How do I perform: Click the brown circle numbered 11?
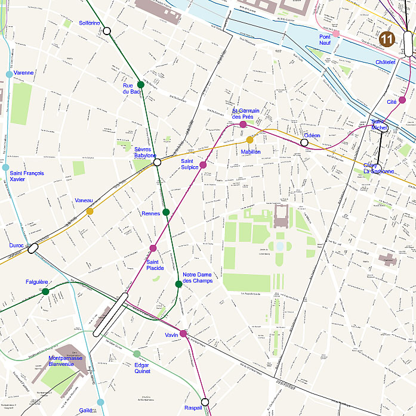click(x=387, y=39)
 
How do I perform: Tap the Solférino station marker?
click(x=107, y=30)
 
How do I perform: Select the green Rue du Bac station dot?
click(x=141, y=84)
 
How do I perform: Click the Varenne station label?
click(x=24, y=73)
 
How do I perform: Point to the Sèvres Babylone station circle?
click(x=158, y=162)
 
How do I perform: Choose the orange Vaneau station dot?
click(x=90, y=211)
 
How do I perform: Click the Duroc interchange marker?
click(x=33, y=248)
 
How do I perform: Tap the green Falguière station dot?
click(x=45, y=291)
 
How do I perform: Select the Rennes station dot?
click(x=166, y=212)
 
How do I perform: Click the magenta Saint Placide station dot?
click(x=153, y=248)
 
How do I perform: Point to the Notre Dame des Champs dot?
click(x=178, y=284)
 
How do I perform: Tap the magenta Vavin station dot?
click(x=183, y=334)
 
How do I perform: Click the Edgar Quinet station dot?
click(x=137, y=354)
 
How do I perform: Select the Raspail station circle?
click(x=205, y=402)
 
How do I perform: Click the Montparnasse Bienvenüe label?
click(x=66, y=361)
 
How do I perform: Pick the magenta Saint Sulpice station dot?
click(x=203, y=164)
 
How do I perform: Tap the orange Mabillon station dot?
click(x=250, y=140)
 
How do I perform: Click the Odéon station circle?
click(x=304, y=142)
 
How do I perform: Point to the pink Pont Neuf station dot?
click(x=336, y=33)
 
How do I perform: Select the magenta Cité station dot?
click(x=402, y=100)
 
